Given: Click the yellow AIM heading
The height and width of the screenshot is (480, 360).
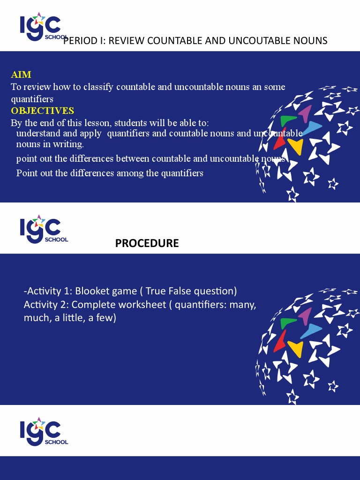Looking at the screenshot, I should click(x=21, y=75).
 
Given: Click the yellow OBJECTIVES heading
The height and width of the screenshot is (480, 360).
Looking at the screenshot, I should click(x=43, y=111).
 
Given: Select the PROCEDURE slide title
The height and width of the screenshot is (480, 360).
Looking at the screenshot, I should click(x=147, y=243).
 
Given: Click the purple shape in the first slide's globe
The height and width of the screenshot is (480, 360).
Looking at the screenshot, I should click(x=306, y=113).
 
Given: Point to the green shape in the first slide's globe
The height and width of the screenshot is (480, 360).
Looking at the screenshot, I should click(x=288, y=120).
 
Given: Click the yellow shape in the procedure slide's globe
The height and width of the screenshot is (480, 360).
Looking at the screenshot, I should click(x=296, y=349).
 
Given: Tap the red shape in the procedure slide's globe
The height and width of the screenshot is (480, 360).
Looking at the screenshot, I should click(x=280, y=341).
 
